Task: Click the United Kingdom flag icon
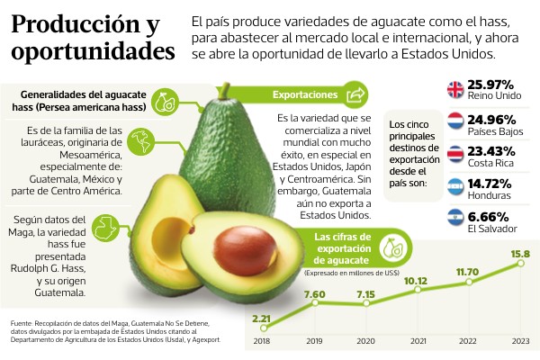pos(455,90)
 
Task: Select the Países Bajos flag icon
pos(455,121)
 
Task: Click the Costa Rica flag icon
pos(455,154)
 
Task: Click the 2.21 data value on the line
pos(261,319)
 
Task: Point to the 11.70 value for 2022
pos(468,271)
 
